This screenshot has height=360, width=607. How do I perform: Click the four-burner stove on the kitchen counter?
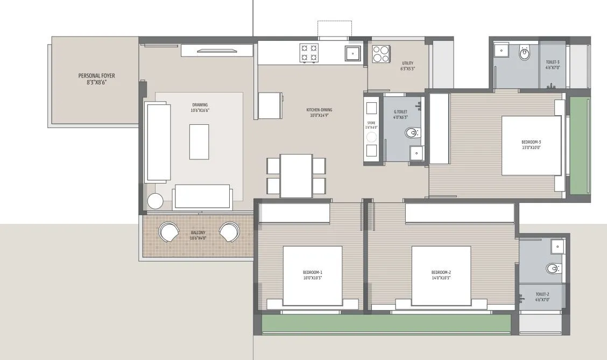point(309,52)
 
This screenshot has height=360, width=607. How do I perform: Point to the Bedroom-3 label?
point(531,144)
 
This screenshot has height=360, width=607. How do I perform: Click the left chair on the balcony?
point(170,232)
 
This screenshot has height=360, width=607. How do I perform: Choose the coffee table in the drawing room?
point(199,142)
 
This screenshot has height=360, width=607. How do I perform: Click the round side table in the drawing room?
point(156,201)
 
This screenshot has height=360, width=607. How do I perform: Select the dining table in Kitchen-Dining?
point(296,175)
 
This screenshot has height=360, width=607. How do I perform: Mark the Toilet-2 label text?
point(542,297)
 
